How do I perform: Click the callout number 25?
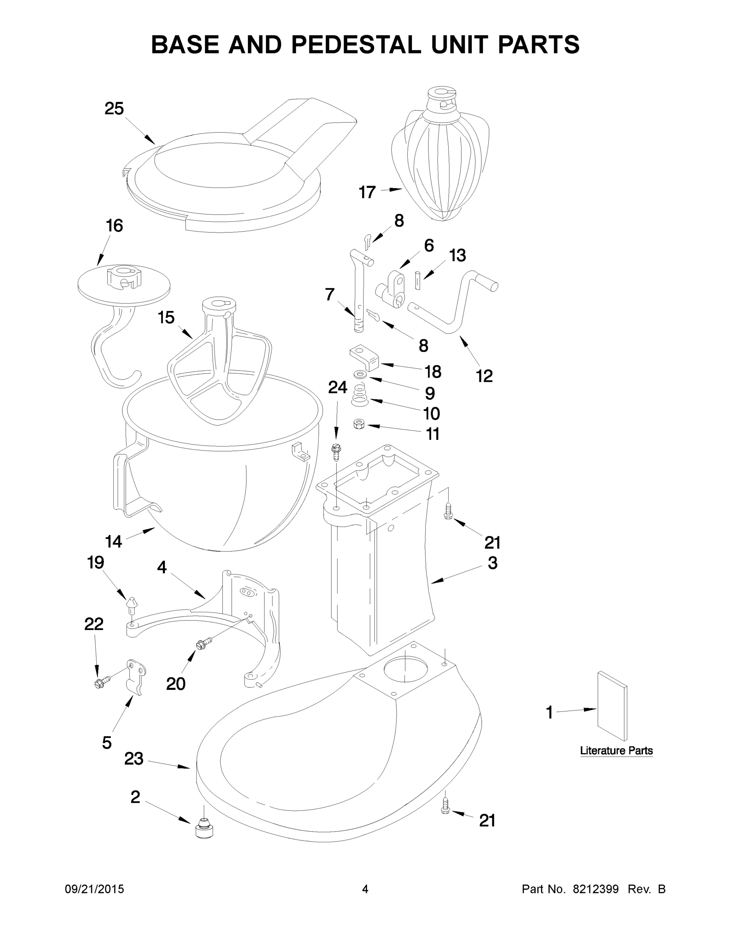(x=114, y=109)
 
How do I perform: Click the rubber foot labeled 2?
(x=204, y=828)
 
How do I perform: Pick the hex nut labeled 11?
(x=359, y=424)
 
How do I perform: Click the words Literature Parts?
(x=616, y=751)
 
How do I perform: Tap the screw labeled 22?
(x=101, y=682)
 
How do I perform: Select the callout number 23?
(x=134, y=758)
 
